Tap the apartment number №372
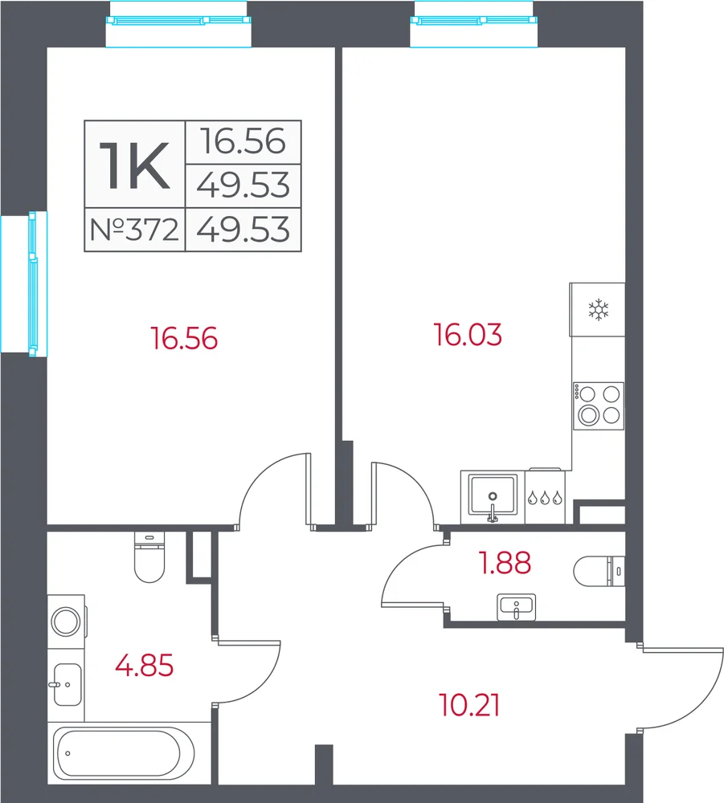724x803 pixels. pyautogui.click(x=134, y=230)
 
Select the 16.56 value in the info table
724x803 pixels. pyautogui.click(x=243, y=141)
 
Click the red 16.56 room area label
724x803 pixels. pyautogui.click(x=184, y=339)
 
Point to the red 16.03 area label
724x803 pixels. pyautogui.click(x=468, y=334)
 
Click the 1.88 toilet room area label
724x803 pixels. pyautogui.click(x=505, y=562)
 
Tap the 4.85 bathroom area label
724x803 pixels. pyautogui.click(x=145, y=666)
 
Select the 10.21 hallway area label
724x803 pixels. pyautogui.click(x=469, y=705)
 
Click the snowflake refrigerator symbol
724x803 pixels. pyautogui.click(x=598, y=310)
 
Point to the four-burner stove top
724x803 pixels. pyautogui.click(x=599, y=406)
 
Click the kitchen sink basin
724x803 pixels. pyautogui.click(x=493, y=495)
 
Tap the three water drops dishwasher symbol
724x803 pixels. pyautogui.click(x=545, y=497)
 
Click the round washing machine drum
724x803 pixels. pyautogui.click(x=66, y=622)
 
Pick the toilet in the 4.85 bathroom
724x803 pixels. pyautogui.click(x=149, y=557)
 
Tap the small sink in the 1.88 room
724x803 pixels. pyautogui.click(x=517, y=607)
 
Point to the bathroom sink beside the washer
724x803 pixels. pyautogui.click(x=67, y=684)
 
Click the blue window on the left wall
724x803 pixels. pyautogui.click(x=33, y=283)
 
